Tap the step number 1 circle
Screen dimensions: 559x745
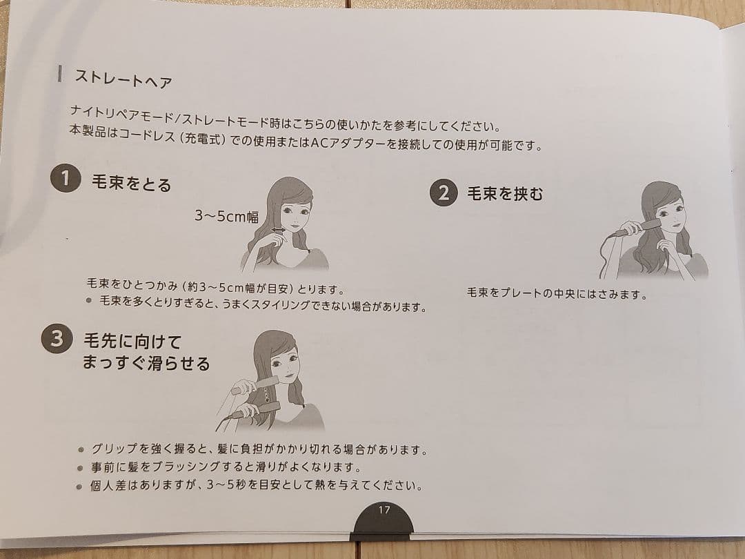66,179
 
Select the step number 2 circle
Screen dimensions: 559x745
444,193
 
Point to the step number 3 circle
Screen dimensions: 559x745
57,339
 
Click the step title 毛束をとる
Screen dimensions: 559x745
131,184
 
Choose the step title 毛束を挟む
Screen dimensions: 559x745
505,194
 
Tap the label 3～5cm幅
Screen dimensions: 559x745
226,217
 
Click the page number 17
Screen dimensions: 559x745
384,510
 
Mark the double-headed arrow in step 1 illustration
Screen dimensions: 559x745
278,231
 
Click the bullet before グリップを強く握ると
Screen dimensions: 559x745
81,449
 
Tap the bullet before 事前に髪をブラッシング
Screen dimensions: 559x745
81,467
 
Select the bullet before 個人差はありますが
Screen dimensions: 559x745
81,485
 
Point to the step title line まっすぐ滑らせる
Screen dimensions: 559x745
146,363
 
